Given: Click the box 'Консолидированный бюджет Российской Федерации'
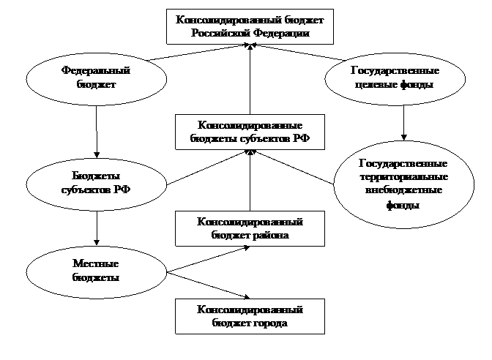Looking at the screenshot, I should (x=250, y=26).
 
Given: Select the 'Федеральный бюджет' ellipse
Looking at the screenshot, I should (x=95, y=78).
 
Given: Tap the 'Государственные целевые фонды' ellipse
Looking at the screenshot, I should (x=395, y=78).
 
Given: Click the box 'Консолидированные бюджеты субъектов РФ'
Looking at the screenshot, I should (x=250, y=132).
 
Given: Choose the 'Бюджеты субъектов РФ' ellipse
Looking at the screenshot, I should (x=95, y=182).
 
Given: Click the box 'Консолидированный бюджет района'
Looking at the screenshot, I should (x=250, y=228).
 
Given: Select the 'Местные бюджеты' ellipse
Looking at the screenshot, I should (x=95, y=270).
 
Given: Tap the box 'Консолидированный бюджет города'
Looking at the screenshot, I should (x=250, y=316).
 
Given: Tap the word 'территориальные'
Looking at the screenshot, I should (x=403, y=177).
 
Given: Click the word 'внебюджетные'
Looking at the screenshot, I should (x=403, y=190).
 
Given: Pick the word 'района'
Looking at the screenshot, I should (x=270, y=236).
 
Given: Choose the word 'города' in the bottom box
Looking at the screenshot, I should (x=269, y=323).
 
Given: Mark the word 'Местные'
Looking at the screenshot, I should (x=96, y=263).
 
